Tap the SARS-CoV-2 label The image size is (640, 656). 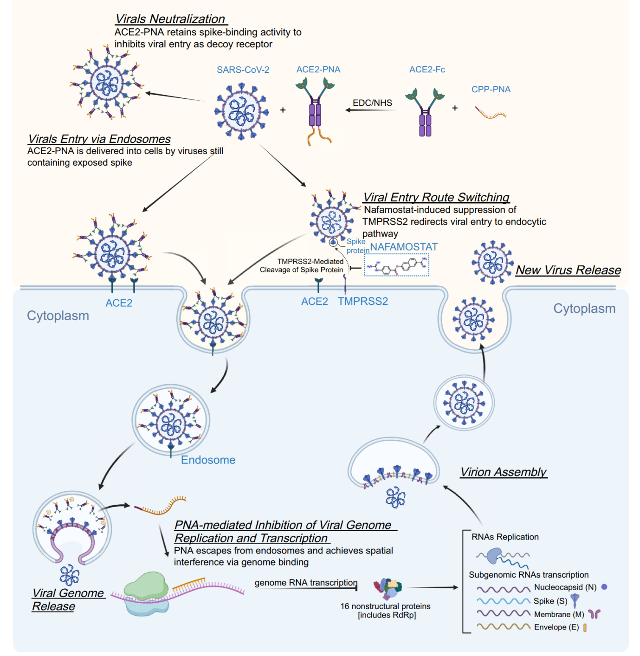point(243,70)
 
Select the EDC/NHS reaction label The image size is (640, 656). point(372,103)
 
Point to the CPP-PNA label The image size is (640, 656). point(491,90)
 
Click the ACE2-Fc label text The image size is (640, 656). point(427,70)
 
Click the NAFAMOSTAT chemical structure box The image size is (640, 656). point(396,265)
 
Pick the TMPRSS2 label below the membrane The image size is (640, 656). point(363,301)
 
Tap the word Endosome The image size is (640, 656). point(208,460)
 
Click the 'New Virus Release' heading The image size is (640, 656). point(568,270)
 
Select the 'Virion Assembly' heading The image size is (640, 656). point(504,472)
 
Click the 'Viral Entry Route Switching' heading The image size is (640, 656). point(436,197)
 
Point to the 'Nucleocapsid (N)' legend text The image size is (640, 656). point(565,587)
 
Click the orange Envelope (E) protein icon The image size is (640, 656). point(585,628)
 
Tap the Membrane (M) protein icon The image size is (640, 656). point(595,614)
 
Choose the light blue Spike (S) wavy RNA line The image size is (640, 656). point(504,601)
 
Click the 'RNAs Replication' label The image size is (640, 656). point(505,537)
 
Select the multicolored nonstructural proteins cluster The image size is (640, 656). point(388,588)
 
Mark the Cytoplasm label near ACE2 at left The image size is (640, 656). point(58,316)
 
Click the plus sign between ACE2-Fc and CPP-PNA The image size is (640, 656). point(455,108)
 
